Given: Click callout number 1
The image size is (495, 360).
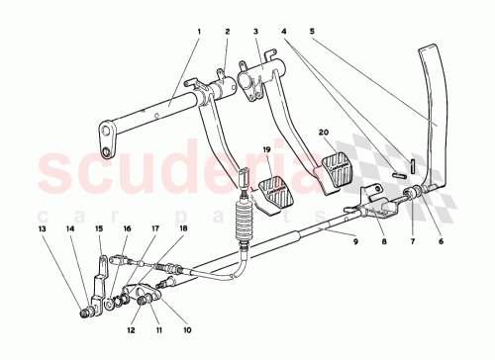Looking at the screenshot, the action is [x=198, y=33].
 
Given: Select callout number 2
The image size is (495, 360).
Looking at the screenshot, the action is [x=227, y=33].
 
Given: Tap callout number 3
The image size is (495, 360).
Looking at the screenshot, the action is [x=255, y=33].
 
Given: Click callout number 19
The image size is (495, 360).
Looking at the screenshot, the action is [x=266, y=149].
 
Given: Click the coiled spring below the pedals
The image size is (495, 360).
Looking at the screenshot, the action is [x=241, y=222].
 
